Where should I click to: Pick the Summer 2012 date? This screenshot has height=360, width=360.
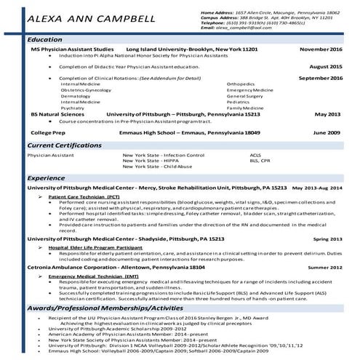[324, 268]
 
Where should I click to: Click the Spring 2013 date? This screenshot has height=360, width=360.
[327, 239]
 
